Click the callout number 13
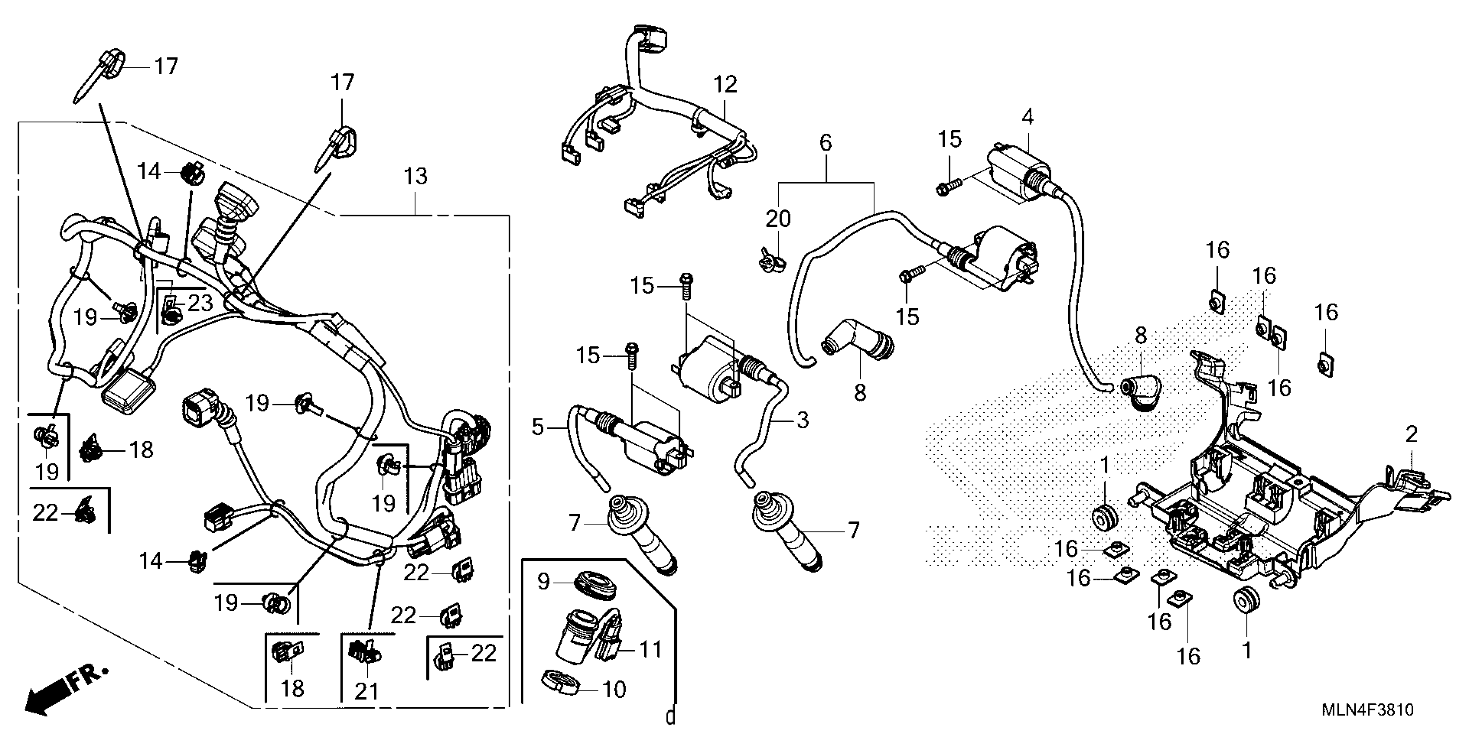[x=415, y=176]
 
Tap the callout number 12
[x=725, y=85]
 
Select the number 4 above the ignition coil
[x=1027, y=117]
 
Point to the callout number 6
[x=826, y=142]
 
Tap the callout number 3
[x=802, y=421]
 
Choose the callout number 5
[x=538, y=427]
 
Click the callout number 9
[x=544, y=582]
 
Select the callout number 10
[x=614, y=690]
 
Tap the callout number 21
[x=367, y=692]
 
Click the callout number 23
[x=200, y=303]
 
